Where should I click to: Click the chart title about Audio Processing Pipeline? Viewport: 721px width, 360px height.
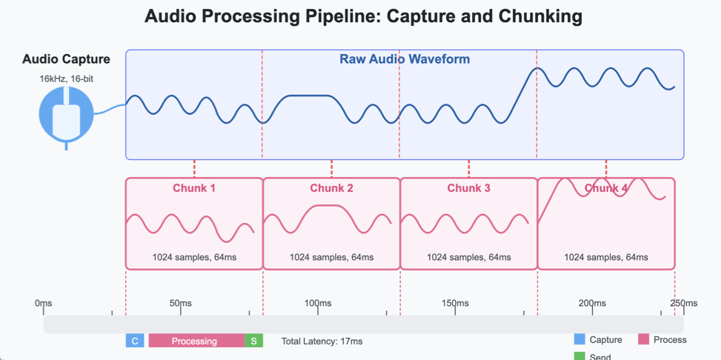click(x=363, y=16)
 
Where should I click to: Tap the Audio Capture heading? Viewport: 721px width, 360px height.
click(x=66, y=59)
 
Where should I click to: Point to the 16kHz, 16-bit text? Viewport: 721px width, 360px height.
click(x=66, y=78)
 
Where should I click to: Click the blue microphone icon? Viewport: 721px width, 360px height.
click(x=67, y=116)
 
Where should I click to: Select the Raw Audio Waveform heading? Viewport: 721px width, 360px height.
click(x=405, y=59)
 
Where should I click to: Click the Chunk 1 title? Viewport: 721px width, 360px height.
click(x=194, y=188)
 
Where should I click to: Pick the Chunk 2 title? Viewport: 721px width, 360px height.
click(x=331, y=188)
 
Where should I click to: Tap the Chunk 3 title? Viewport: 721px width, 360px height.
click(x=468, y=188)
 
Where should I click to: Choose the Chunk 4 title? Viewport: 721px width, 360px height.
click(x=606, y=188)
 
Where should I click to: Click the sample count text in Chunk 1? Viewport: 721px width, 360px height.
click(x=194, y=257)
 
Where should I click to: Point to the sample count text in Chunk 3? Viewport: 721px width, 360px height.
click(x=468, y=257)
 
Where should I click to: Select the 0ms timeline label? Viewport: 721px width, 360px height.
click(x=44, y=303)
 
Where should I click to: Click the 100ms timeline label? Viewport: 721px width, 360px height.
click(x=318, y=303)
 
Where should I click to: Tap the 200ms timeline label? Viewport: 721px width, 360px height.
click(x=592, y=303)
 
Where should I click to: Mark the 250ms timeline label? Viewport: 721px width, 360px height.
click(x=684, y=303)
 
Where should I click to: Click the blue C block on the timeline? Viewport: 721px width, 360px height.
click(x=135, y=341)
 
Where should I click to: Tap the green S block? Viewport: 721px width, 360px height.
click(x=253, y=341)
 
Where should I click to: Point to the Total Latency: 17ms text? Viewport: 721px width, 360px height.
click(x=322, y=341)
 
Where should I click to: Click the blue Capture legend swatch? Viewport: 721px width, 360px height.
click(x=579, y=339)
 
